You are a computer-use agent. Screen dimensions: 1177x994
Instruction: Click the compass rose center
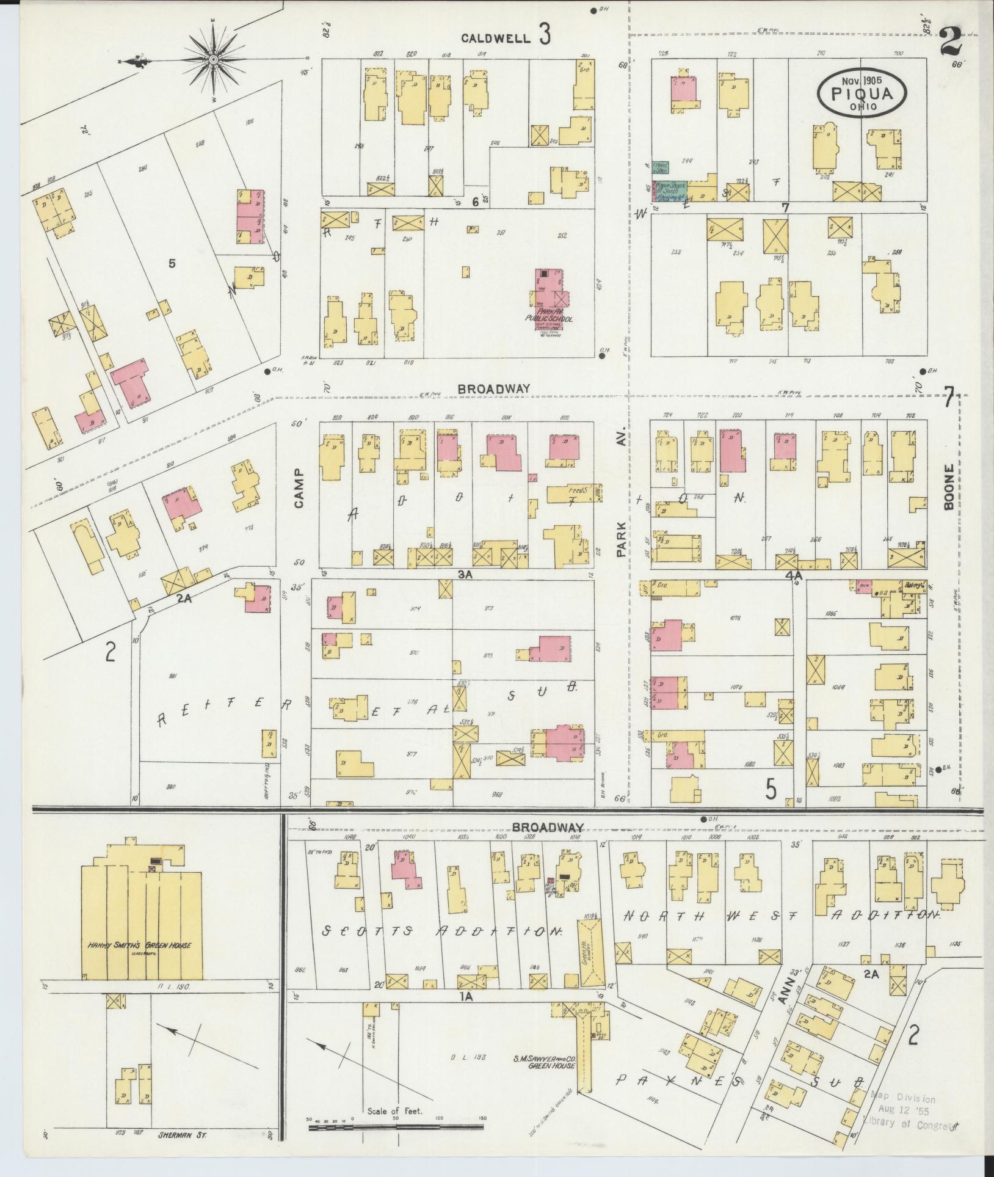(x=214, y=59)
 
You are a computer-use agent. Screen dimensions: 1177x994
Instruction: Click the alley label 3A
(x=466, y=574)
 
